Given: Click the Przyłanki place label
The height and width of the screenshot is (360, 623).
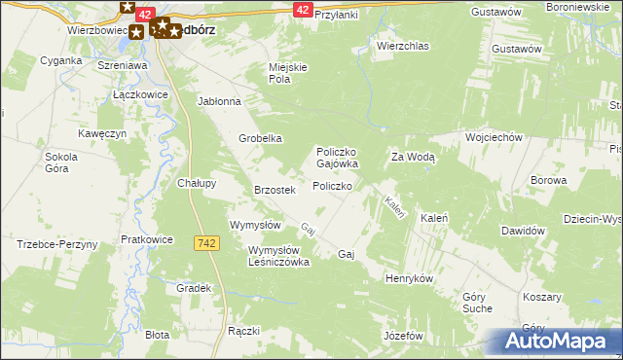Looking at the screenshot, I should (x=337, y=16).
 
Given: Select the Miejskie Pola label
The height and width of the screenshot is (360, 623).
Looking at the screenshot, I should (x=288, y=73).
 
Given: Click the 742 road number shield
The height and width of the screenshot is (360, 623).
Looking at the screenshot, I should (x=205, y=243).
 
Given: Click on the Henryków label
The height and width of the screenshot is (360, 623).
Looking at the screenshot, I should (x=409, y=278).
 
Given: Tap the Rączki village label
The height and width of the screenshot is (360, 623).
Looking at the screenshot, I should (x=243, y=331).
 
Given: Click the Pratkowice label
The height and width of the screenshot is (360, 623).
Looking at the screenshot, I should (x=147, y=238).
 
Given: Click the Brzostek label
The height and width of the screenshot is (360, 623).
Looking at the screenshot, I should (x=274, y=190).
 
